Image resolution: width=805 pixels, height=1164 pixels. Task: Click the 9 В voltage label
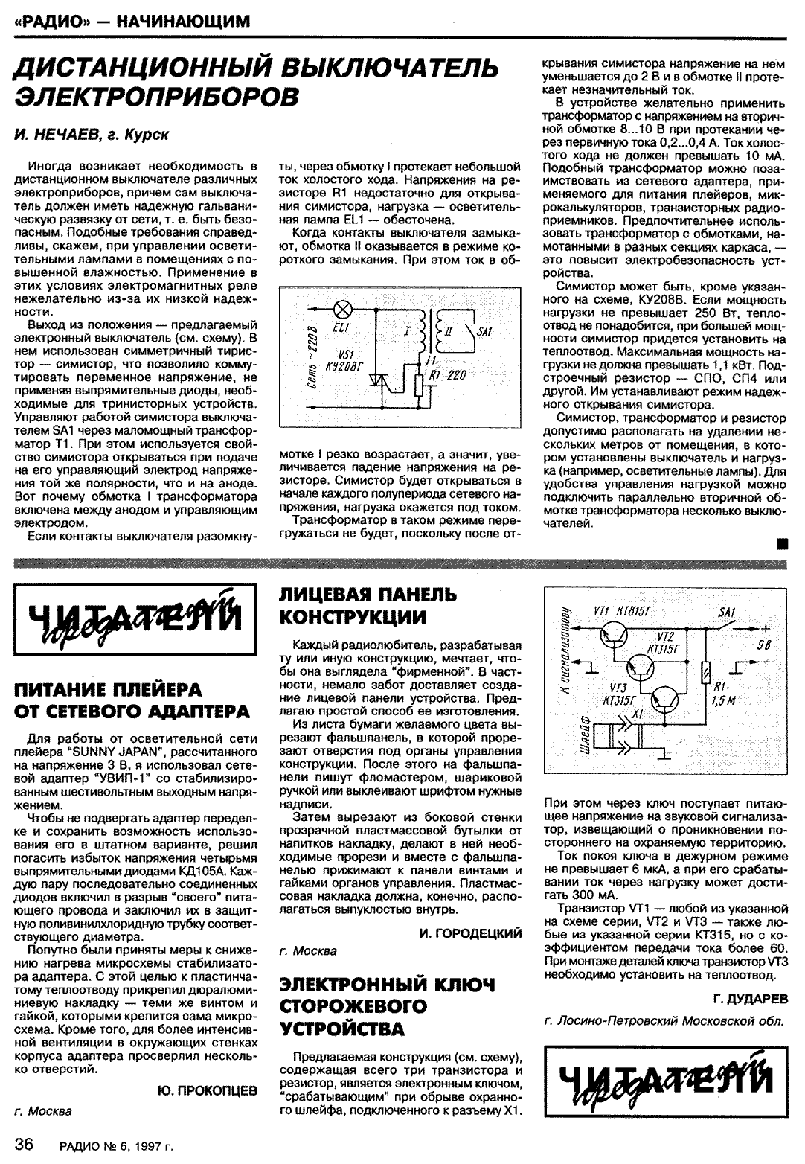pyautogui.click(x=763, y=645)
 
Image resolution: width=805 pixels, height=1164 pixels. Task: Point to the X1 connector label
pyautogui.click(x=636, y=714)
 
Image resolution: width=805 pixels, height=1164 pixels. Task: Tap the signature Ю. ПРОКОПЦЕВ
pyautogui.click(x=208, y=1090)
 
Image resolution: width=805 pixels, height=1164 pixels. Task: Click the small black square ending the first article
pyautogui.click(x=781, y=543)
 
